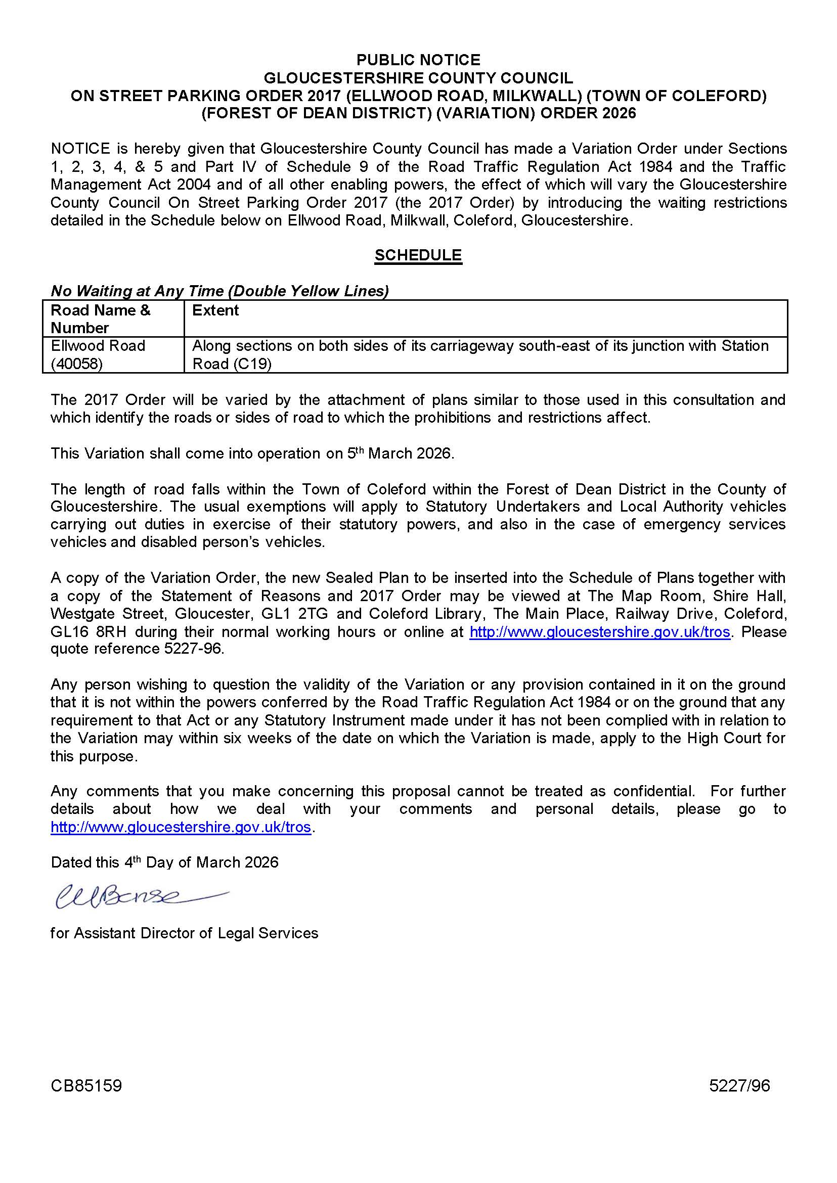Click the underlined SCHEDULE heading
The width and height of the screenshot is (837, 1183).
pyautogui.click(x=418, y=255)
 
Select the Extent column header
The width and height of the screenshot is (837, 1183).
pyautogui.click(x=215, y=310)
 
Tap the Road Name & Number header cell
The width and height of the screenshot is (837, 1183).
pyautogui.click(x=101, y=318)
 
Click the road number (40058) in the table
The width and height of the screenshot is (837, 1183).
pyautogui.click(x=77, y=364)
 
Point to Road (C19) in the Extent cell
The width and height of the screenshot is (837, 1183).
pyautogui.click(x=232, y=364)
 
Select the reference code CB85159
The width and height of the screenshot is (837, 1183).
pyautogui.click(x=86, y=1086)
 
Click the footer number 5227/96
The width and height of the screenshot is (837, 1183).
pyautogui.click(x=739, y=1086)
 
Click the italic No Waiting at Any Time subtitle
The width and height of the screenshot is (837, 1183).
pyautogui.click(x=219, y=291)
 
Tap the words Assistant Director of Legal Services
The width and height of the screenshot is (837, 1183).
pyautogui.click(x=196, y=933)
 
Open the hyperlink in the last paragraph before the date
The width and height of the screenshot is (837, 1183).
pyautogui.click(x=181, y=827)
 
